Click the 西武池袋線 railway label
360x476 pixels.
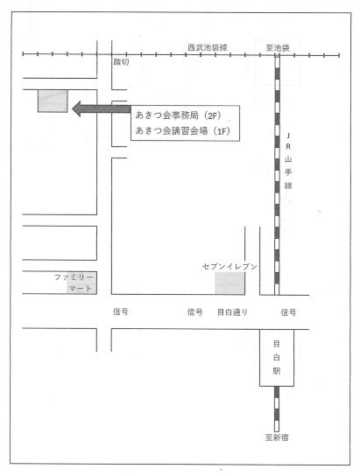point(208,47)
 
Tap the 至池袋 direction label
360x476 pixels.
point(278,48)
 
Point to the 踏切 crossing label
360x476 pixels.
point(121,62)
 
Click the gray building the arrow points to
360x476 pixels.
point(53,101)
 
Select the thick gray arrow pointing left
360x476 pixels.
point(102,109)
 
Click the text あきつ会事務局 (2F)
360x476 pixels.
point(179,115)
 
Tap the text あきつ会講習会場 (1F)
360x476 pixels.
point(182,131)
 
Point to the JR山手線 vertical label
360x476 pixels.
point(288,160)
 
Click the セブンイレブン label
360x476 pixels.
point(229,267)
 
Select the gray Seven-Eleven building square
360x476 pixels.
point(229,283)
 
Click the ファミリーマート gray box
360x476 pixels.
point(81,283)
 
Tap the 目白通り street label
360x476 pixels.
point(233,312)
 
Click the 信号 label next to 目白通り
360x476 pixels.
point(195,311)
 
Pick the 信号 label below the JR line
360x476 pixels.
point(288,312)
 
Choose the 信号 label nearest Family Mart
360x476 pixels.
point(121,311)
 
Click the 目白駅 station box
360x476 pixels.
point(277,358)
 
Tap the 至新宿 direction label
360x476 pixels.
point(277,437)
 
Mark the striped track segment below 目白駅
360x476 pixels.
point(277,409)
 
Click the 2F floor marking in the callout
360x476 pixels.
point(215,115)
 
